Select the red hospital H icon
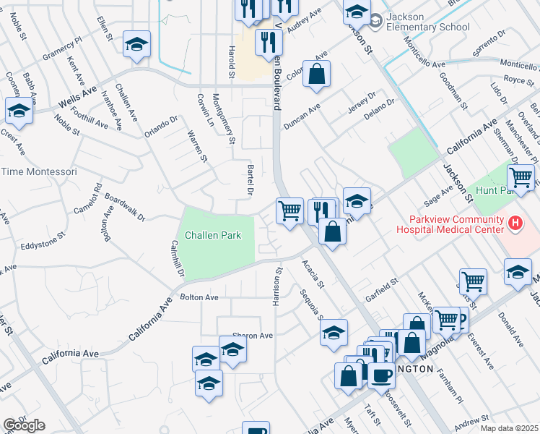[x=515, y=224]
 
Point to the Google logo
[x=24, y=425]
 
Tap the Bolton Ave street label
[x=199, y=297]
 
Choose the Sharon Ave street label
[x=252, y=336]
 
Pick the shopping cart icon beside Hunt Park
[x=521, y=176]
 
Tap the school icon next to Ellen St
[x=136, y=45]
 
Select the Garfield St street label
[x=381, y=292]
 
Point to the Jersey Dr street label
[x=362, y=102]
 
